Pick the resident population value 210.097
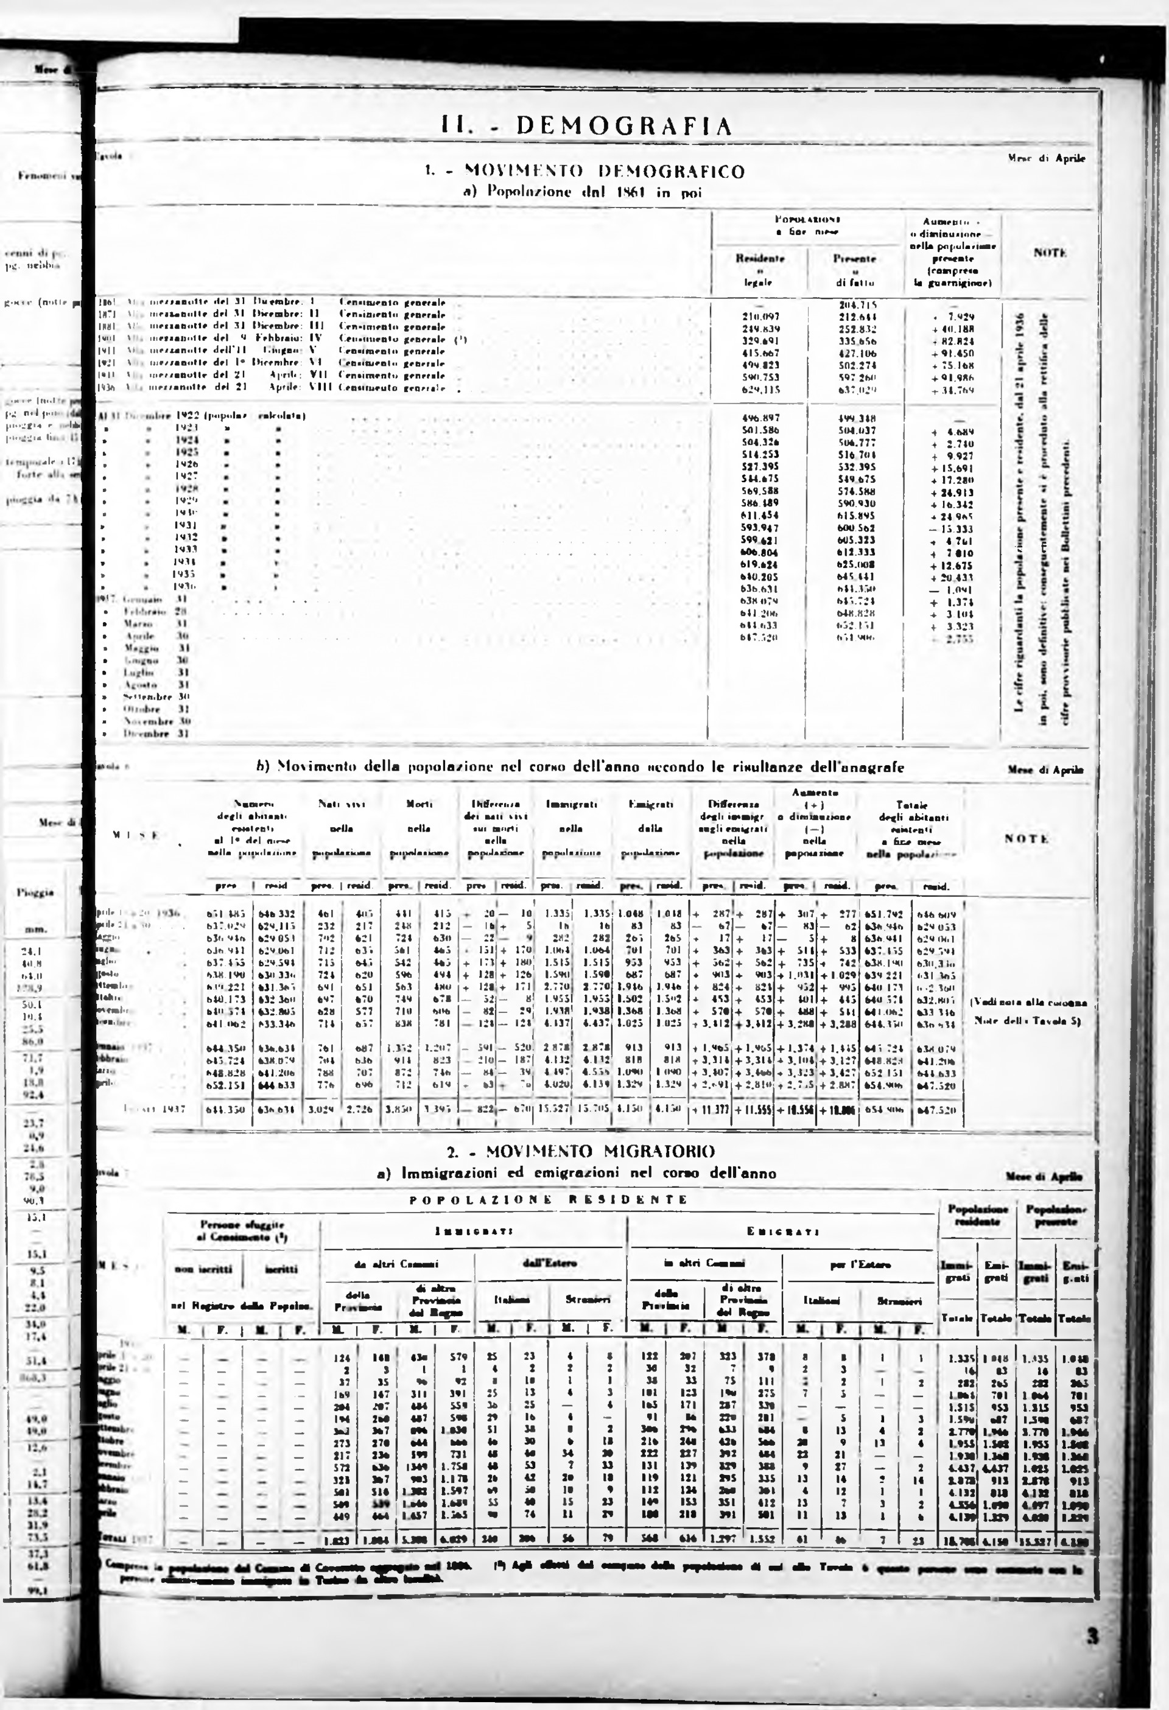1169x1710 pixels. (760, 316)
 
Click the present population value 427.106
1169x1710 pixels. (855, 353)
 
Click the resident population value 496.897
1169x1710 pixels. (760, 416)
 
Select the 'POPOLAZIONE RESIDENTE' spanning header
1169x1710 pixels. (549, 1199)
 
